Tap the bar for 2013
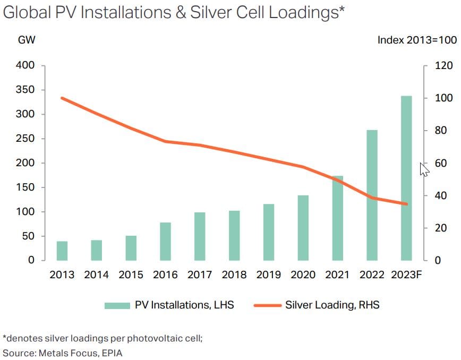click(62, 251)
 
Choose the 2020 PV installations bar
click(303, 228)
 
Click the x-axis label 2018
click(234, 275)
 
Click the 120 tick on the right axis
click(444, 66)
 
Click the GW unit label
click(27, 39)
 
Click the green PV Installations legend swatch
click(117, 305)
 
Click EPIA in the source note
click(111, 353)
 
